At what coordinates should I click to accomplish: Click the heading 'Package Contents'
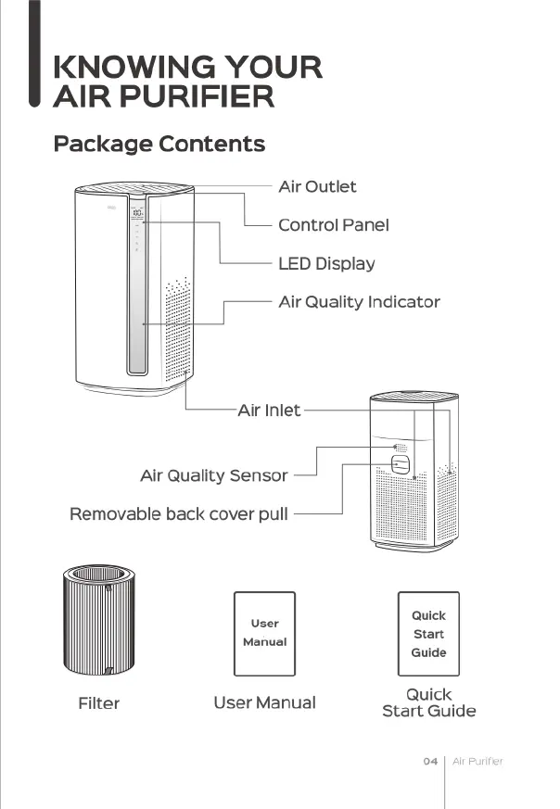(159, 145)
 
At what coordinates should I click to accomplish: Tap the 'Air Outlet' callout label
(317, 187)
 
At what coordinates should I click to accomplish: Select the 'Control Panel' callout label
(333, 225)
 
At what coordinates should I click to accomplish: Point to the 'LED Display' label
(326, 264)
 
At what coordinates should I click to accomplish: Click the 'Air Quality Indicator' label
(359, 302)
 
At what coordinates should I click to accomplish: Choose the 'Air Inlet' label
(269, 410)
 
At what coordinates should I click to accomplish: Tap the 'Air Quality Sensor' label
(213, 476)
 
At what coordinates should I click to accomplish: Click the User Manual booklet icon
(264, 634)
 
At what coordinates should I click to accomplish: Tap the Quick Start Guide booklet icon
(428, 634)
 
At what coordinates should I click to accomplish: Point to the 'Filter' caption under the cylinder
(98, 704)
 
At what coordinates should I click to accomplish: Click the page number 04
(430, 762)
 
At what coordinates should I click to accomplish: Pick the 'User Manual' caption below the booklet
(264, 703)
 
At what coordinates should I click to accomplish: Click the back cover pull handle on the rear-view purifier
(401, 463)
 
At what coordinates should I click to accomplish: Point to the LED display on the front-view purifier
(136, 213)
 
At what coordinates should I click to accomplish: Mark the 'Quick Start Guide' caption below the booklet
(428, 703)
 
